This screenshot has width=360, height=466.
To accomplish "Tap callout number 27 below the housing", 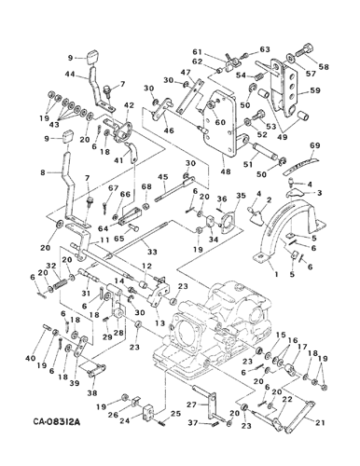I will click(190, 404).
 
